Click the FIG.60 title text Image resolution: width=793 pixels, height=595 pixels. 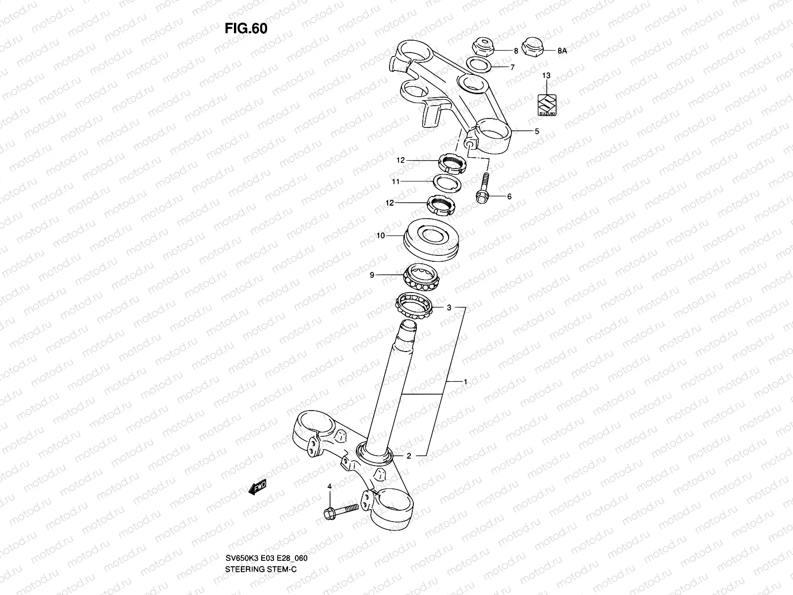(246, 29)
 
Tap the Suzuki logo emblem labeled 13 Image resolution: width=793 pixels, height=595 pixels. (547, 105)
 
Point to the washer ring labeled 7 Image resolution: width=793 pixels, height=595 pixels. (479, 65)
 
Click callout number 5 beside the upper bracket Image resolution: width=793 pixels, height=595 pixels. (537, 132)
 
